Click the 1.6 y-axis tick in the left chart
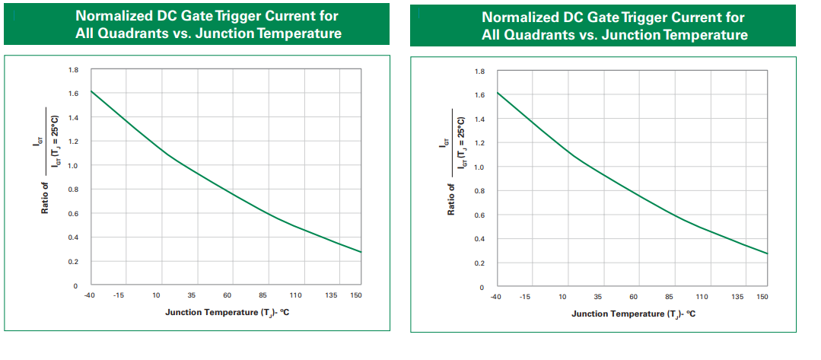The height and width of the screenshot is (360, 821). coord(73,94)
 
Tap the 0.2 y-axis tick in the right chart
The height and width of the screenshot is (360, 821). coord(479,263)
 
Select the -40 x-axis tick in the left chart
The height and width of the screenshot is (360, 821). coord(89,295)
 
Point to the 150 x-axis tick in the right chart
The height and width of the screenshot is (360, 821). coord(762,297)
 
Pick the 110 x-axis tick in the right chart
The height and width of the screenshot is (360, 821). coord(702,297)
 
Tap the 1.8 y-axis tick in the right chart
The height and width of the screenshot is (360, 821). coord(479,72)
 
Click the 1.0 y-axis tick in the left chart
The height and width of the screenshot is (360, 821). coord(73,166)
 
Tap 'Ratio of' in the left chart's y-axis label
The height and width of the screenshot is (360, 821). coord(45,196)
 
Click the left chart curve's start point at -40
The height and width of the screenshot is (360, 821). coord(91,91)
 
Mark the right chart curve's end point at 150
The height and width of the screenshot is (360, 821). coord(768,253)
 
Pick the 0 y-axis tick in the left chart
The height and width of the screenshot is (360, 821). coord(75,285)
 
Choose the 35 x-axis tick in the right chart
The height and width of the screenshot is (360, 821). coord(597,297)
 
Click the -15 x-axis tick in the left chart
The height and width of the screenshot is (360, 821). coord(119,295)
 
